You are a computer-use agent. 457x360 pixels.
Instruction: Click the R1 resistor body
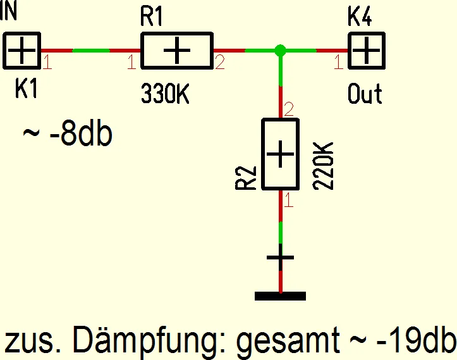point(176,51)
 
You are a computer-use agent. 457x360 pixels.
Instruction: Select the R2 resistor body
point(281,154)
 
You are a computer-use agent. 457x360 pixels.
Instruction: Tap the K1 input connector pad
point(22,51)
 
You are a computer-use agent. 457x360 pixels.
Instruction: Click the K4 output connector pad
point(367,51)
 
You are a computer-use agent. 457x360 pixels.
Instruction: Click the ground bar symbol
point(280,295)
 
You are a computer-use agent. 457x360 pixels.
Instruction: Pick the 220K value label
point(322,166)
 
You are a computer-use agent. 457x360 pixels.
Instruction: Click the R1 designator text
point(152,17)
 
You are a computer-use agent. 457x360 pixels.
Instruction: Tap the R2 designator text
point(245,178)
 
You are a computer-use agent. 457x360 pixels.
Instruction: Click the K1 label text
point(27,89)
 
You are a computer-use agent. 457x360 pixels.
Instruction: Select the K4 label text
point(360,17)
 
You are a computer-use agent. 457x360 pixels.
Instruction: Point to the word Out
point(365,94)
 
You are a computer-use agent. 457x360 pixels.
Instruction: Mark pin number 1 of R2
point(288,202)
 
